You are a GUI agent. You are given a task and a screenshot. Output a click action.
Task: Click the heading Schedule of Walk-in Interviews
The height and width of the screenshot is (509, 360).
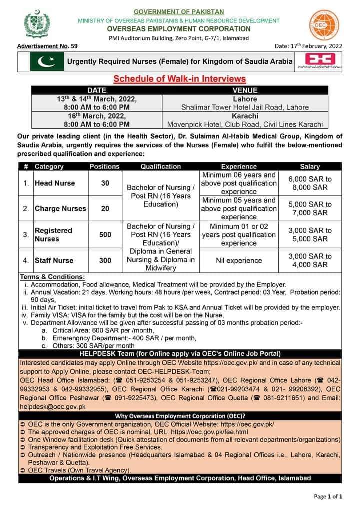pos(180,79)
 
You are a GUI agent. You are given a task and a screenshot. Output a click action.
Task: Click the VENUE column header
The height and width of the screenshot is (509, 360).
pos(245,91)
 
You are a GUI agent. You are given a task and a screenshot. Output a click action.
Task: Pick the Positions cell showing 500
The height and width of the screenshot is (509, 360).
pos(105,234)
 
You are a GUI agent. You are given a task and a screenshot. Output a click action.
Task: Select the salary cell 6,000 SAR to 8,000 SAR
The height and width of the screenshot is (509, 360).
pos(310,183)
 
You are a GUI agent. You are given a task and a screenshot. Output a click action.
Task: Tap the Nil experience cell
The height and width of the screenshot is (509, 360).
pos(238,260)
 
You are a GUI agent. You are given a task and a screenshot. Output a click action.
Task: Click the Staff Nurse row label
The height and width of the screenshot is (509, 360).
pos(54,260)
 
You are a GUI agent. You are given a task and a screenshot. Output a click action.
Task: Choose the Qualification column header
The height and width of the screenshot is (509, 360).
pos(161,166)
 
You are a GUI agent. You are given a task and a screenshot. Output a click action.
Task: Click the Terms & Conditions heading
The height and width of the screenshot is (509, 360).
pos(52,277)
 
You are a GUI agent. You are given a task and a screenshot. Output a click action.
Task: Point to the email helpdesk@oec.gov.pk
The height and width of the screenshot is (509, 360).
pos(52,407)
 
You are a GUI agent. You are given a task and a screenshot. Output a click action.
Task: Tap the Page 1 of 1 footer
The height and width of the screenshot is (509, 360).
pos(328,497)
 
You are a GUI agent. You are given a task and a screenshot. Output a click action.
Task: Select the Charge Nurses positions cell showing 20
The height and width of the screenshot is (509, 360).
pos(105,209)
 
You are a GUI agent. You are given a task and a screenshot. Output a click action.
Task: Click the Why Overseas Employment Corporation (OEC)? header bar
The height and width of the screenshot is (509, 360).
pos(180,416)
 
